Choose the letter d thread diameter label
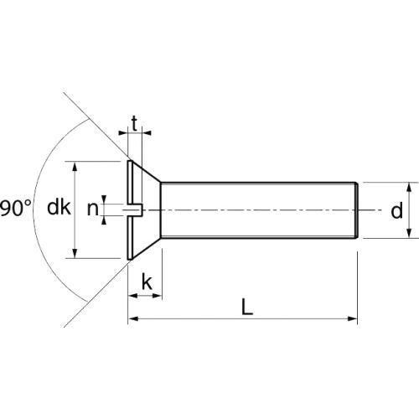click(x=396, y=210)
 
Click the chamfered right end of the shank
click(x=358, y=209)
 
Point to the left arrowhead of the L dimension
click(x=132, y=319)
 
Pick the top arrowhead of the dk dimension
click(x=76, y=166)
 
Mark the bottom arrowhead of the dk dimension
click(x=76, y=254)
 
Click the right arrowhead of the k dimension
click(x=157, y=295)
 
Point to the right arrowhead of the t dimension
click(x=148, y=132)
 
